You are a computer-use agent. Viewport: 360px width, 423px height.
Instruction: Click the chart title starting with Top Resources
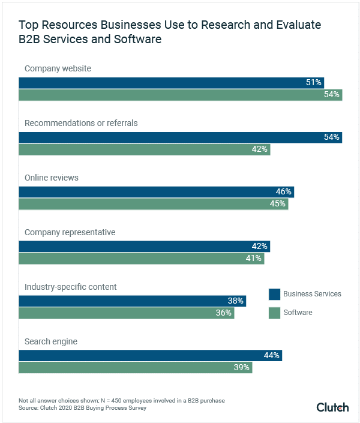pyautogui.click(x=170, y=32)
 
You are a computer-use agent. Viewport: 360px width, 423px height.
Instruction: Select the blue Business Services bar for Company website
pyautogui.click(x=171, y=82)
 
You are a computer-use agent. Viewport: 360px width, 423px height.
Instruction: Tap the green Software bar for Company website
pyautogui.click(x=180, y=95)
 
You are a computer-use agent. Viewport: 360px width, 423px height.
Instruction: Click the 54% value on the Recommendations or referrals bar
pyautogui.click(x=332, y=137)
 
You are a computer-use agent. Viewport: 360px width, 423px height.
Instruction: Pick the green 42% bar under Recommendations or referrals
pyautogui.click(x=144, y=149)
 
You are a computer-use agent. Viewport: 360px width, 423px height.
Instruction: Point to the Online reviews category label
pyautogui.click(x=52, y=178)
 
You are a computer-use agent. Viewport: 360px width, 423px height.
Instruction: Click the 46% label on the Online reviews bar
pyautogui.click(x=284, y=191)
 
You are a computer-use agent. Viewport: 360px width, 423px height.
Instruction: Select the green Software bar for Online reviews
pyautogui.click(x=153, y=204)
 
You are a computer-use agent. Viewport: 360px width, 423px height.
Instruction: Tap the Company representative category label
pyautogui.click(x=70, y=232)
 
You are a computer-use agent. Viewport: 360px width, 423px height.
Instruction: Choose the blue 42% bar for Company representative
pyautogui.click(x=144, y=246)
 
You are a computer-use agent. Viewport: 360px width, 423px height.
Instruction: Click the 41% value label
pyautogui.click(x=254, y=259)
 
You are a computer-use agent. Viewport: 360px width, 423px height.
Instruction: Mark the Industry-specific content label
pyautogui.click(x=70, y=287)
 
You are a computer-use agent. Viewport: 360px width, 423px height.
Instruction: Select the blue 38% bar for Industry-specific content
pyautogui.click(x=132, y=301)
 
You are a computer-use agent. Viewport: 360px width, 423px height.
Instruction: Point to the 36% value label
pyautogui.click(x=224, y=313)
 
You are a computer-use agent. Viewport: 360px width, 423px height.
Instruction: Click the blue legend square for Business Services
pyautogui.click(x=274, y=294)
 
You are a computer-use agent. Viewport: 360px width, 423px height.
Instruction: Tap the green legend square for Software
pyautogui.click(x=274, y=313)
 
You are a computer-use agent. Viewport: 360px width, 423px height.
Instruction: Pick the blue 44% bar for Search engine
pyautogui.click(x=150, y=355)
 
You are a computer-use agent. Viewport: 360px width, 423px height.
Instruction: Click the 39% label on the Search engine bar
pyautogui.click(x=242, y=367)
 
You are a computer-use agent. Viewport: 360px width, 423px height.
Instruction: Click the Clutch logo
pyautogui.click(x=332, y=407)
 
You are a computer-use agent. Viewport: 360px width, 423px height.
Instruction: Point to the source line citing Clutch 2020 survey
pyautogui.click(x=82, y=408)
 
